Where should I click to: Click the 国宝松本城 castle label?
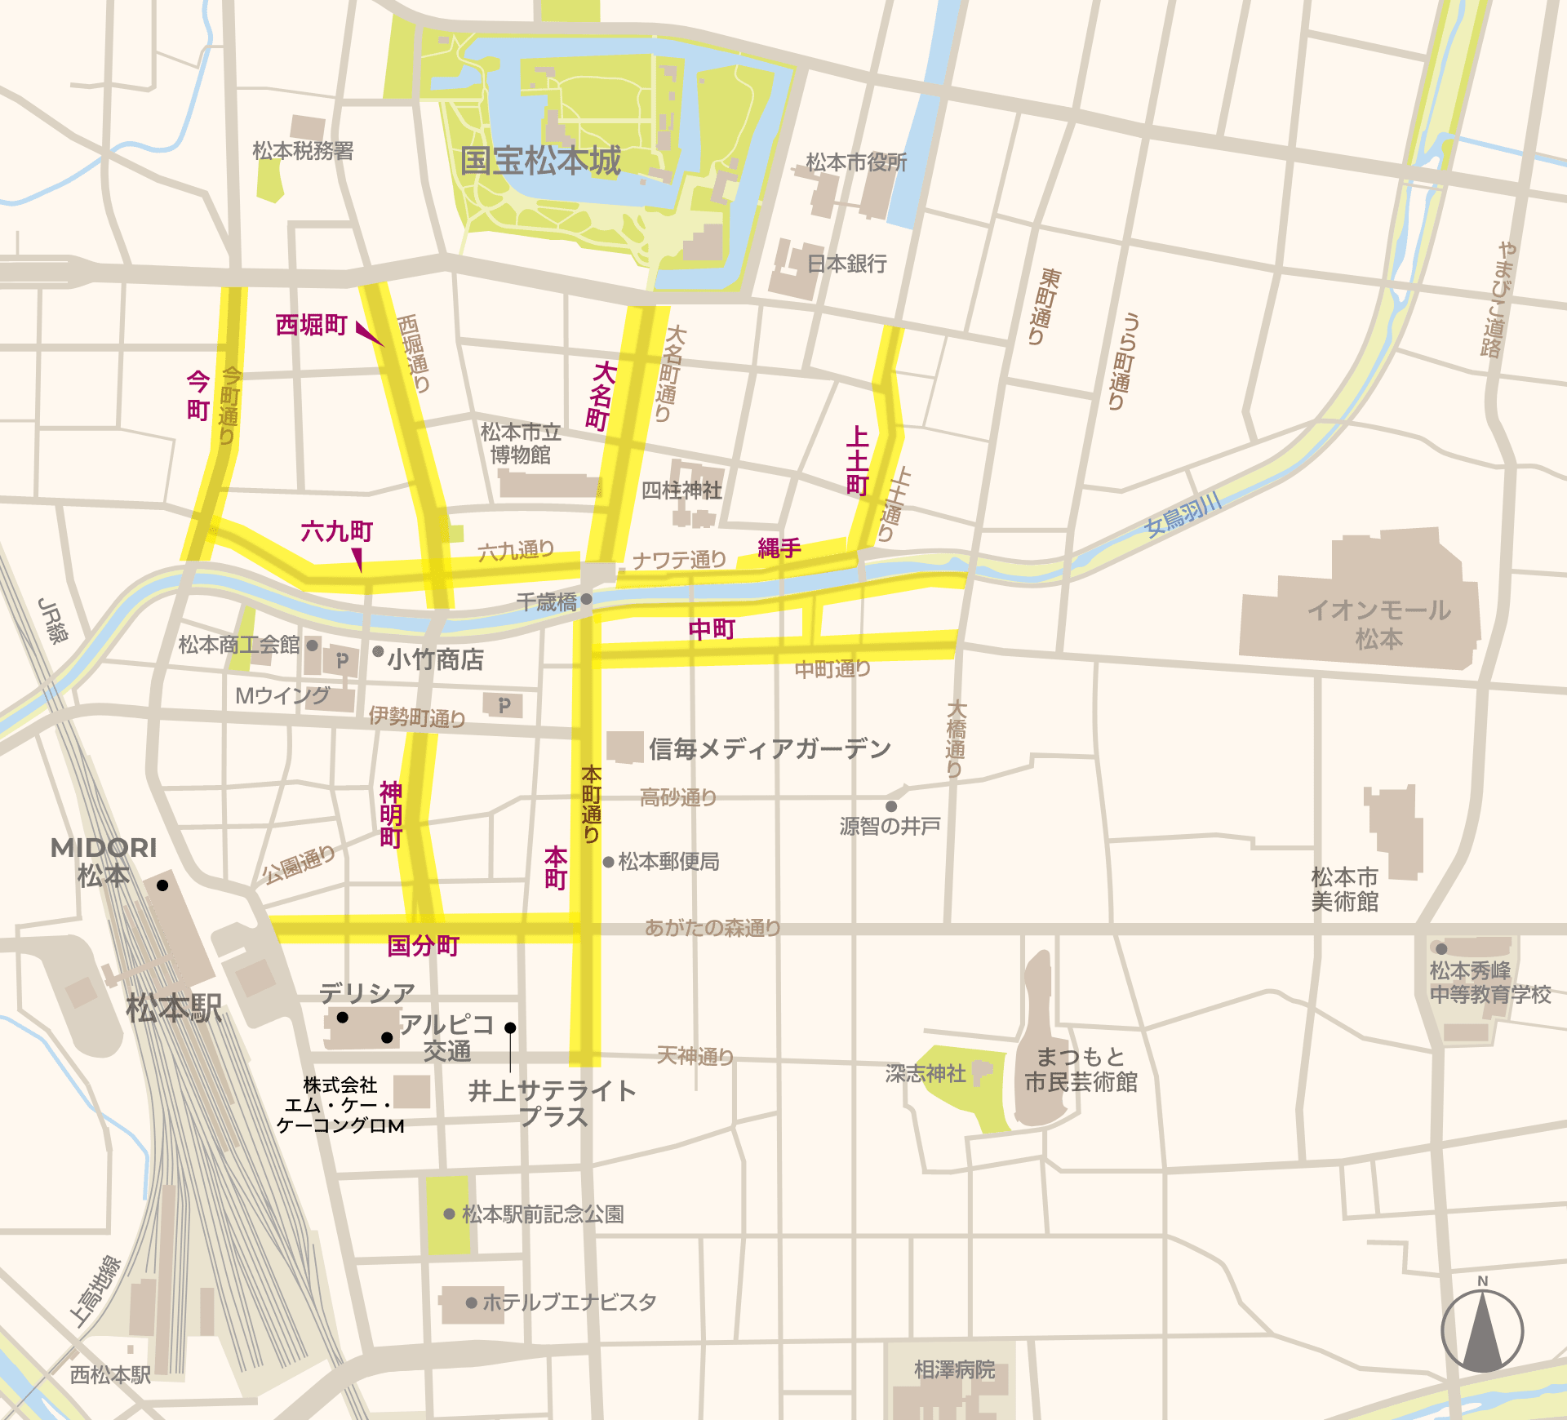540,161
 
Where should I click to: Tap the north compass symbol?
1482,1330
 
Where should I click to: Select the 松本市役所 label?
856,162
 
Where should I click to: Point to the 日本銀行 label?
846,264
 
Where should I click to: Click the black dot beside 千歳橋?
586,599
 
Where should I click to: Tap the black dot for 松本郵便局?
608,862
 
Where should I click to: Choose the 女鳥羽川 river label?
1183,514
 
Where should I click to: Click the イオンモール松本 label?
1378,624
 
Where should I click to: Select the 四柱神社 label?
681,490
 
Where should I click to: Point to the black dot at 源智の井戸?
891,806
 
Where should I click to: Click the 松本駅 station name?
174,1009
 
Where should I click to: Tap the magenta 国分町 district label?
423,946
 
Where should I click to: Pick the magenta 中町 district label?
712,629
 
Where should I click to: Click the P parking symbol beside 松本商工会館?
342,660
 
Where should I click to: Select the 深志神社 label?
926,1073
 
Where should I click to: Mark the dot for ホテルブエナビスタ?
471,1302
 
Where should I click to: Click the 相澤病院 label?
954,1369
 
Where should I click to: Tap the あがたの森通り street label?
712,928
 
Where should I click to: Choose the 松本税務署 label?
303,151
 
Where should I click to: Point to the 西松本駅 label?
110,1375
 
